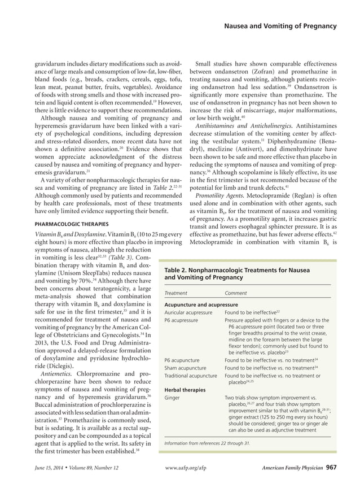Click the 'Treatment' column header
177,293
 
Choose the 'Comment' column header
236,293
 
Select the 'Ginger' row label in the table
172,398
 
